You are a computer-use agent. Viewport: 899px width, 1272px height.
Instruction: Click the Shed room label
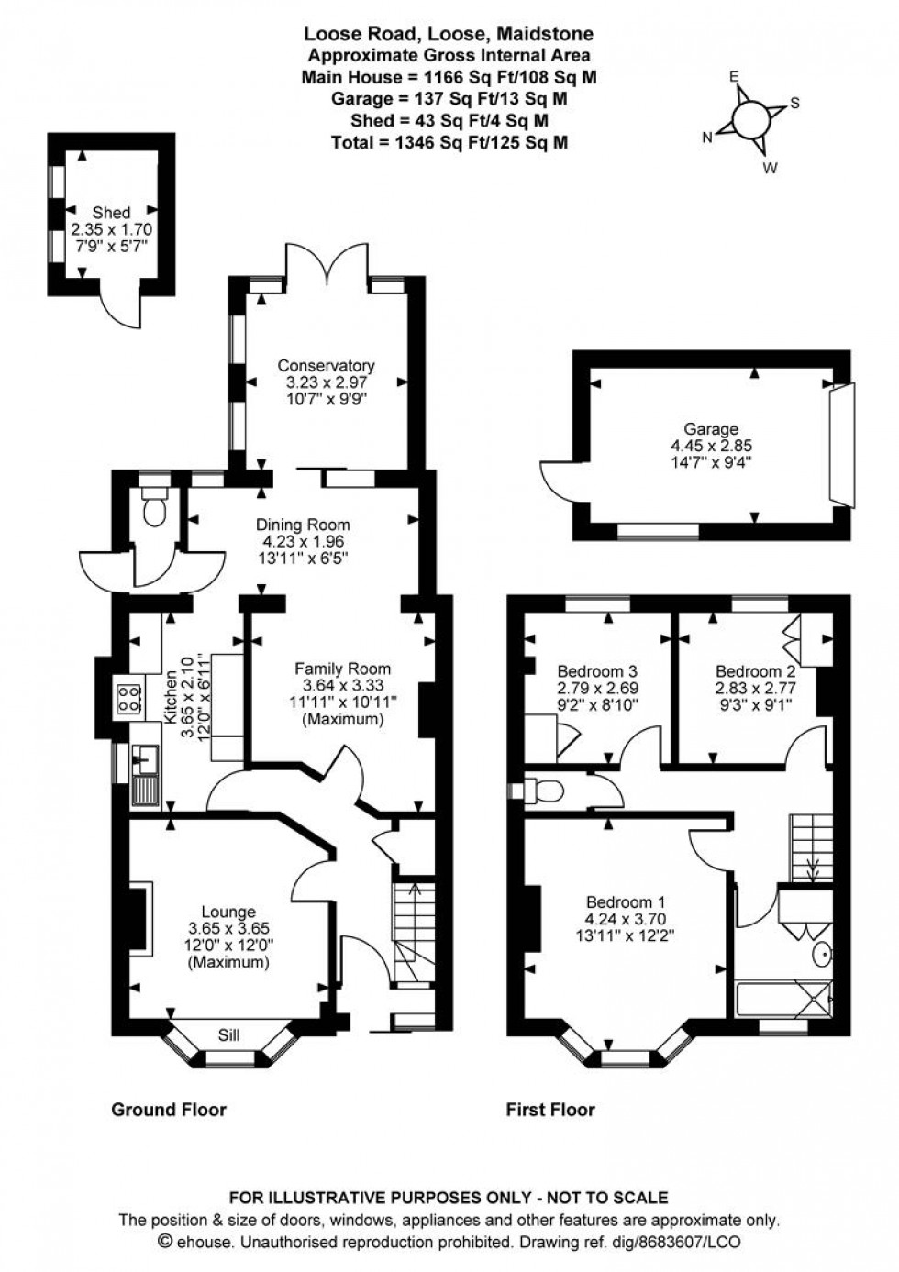(111, 213)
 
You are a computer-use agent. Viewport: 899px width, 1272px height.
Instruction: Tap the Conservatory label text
(326, 365)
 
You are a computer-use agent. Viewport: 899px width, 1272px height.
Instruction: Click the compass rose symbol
(750, 117)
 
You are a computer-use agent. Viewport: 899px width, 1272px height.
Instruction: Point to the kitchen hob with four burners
(128, 700)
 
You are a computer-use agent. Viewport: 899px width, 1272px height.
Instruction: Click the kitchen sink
(145, 758)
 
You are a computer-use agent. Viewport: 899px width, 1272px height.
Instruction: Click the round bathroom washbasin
(824, 956)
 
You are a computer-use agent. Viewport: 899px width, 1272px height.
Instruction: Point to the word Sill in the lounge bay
(229, 1035)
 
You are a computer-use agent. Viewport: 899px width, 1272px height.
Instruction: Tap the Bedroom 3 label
(597, 671)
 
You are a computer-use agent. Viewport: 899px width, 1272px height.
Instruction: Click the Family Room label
(342, 669)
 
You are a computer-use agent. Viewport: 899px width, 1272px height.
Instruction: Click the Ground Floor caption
(169, 1110)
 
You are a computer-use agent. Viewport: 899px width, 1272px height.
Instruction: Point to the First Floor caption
(550, 1110)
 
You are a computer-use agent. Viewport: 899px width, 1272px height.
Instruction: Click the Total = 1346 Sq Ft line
(449, 142)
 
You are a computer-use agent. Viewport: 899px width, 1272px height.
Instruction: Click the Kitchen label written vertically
(171, 697)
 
